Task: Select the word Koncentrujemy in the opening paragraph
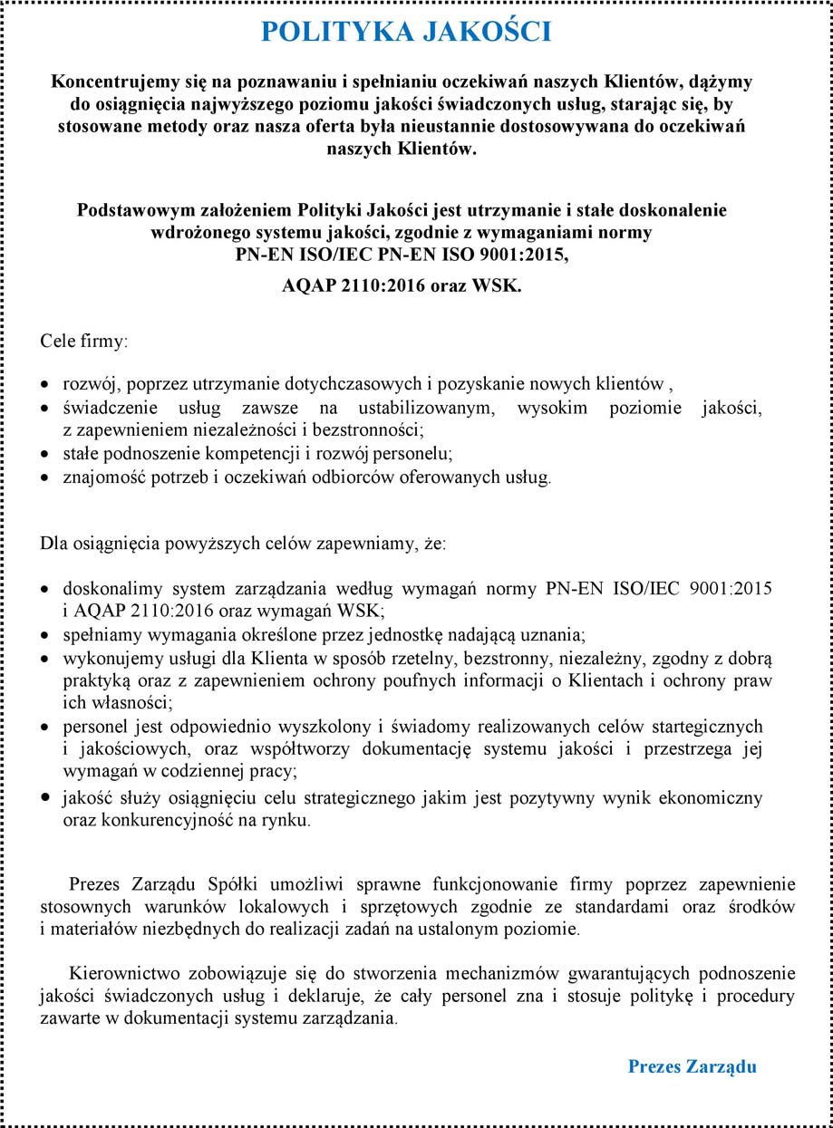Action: tap(109, 81)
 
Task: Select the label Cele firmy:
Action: tap(84, 342)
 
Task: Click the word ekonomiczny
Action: tap(714, 798)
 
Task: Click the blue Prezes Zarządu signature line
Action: tap(692, 1066)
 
